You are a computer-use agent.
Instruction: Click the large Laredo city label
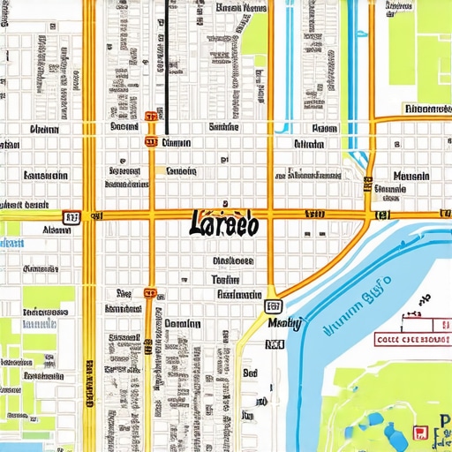(x=223, y=224)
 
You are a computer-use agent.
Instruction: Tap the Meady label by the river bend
(x=283, y=325)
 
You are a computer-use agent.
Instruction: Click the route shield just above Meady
(x=273, y=306)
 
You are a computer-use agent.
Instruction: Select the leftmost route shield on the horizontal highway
(x=71, y=215)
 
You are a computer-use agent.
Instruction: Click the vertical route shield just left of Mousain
(x=366, y=185)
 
